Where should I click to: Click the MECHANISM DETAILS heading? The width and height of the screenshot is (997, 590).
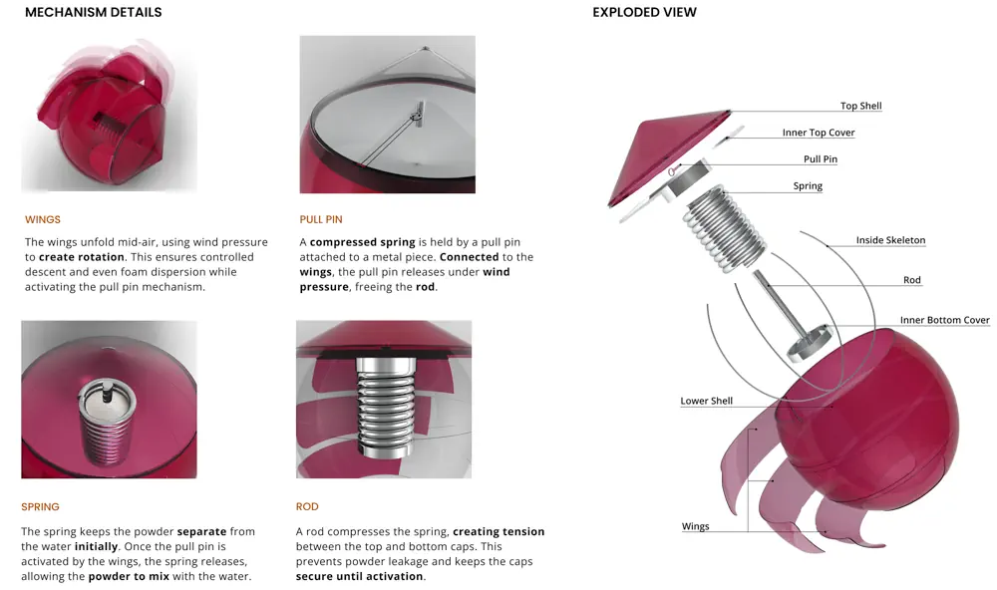94,12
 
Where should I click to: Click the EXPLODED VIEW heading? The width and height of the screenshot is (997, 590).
644,12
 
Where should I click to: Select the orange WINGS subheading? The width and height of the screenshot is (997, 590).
43,219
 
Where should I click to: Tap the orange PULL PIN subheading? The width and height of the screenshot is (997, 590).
321,219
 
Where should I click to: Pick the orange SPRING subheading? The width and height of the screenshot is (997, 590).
40,506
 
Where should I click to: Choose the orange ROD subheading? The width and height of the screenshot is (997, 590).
307,506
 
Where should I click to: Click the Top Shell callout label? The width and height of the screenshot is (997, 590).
861,106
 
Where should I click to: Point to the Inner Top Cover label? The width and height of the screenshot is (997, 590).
819,133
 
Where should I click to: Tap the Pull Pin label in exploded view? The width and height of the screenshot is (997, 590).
821,158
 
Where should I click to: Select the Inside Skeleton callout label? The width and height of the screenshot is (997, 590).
890,239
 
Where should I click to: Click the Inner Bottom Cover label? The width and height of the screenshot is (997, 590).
945,320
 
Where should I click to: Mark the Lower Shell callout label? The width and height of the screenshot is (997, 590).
707,401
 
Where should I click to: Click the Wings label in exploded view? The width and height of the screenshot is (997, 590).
695,526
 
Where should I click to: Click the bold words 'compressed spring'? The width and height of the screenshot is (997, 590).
363,242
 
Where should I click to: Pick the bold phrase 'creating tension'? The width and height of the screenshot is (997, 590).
498,531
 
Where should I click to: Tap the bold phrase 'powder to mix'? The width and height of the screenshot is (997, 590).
128,577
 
